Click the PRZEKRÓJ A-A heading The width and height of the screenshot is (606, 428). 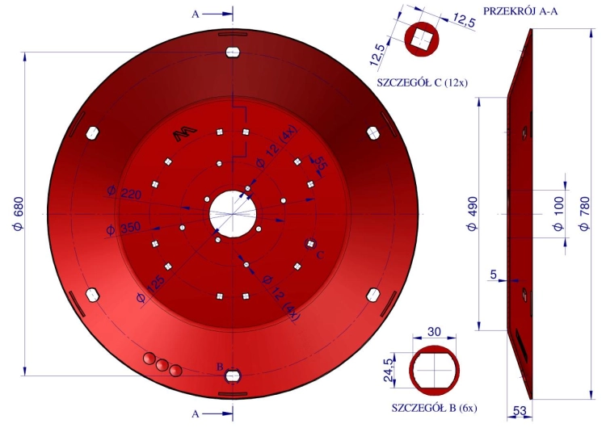[x=520, y=11]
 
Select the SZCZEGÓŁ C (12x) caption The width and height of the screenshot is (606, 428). [x=423, y=82]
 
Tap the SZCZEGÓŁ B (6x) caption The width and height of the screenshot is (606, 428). [x=435, y=408]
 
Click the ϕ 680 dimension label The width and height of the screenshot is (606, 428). [x=18, y=214]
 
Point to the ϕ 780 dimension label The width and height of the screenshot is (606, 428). [x=585, y=214]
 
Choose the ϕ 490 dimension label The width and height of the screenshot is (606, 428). [x=473, y=214]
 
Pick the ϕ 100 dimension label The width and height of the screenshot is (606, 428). [x=559, y=214]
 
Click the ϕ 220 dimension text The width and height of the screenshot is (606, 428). [x=124, y=192]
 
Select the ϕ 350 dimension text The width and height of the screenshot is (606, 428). [x=124, y=229]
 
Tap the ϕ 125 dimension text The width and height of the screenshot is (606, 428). [x=151, y=289]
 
